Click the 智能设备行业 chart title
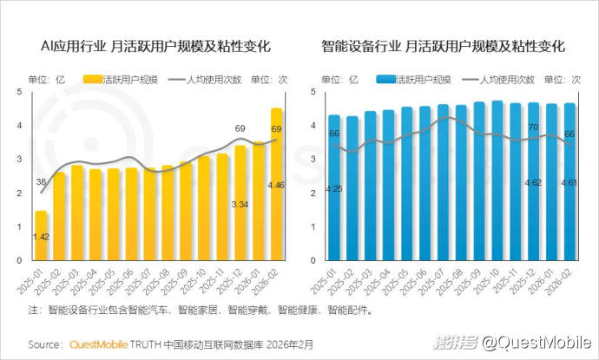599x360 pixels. [x=443, y=46]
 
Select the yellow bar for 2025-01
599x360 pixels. [x=41, y=235]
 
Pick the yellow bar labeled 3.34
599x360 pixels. [x=240, y=203]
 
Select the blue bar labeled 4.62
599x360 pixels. [x=533, y=182]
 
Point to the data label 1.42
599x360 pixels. [x=41, y=236]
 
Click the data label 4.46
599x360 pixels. [x=276, y=185]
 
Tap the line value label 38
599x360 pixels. [x=41, y=182]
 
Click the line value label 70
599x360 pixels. [x=533, y=128]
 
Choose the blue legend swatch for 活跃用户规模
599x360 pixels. [x=387, y=80]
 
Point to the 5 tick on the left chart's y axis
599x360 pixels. [x=19, y=92]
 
